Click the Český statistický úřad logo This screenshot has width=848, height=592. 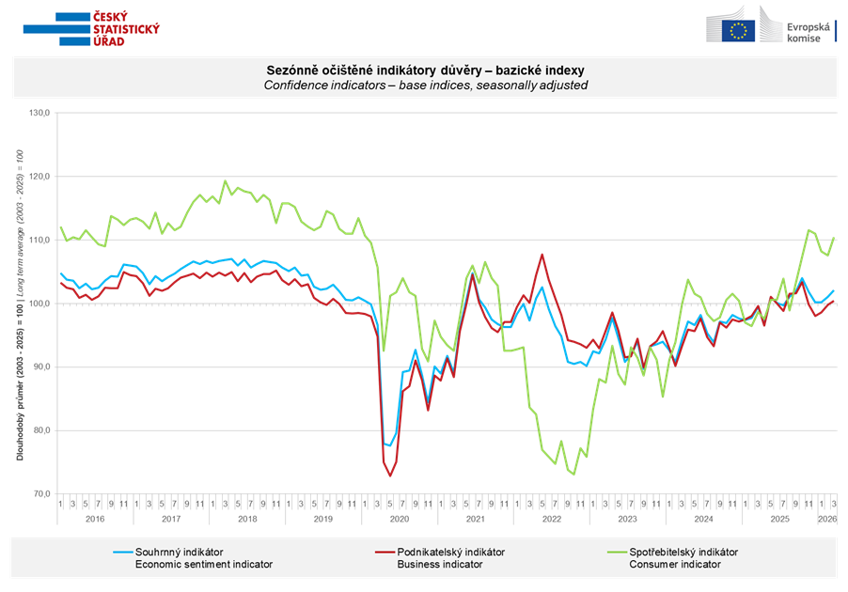[91, 29]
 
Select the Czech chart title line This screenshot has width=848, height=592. [425, 70]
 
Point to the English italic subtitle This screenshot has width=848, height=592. [425, 85]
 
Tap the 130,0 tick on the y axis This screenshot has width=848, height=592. [41, 114]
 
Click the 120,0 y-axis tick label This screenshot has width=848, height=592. [41, 177]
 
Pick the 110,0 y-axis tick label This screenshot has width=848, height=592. [41, 241]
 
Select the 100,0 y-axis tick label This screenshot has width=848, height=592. [41, 304]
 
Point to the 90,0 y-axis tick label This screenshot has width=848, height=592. [43, 367]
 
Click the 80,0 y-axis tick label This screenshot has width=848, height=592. [43, 430]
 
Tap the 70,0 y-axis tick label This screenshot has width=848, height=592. [43, 494]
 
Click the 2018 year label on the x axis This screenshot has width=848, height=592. [247, 519]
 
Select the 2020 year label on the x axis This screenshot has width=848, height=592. [399, 519]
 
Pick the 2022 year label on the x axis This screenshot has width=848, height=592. [551, 519]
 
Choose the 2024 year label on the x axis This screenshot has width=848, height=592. [702, 519]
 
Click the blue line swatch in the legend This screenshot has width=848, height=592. [120, 552]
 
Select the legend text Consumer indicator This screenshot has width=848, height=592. [674, 565]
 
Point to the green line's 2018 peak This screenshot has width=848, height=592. [225, 180]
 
